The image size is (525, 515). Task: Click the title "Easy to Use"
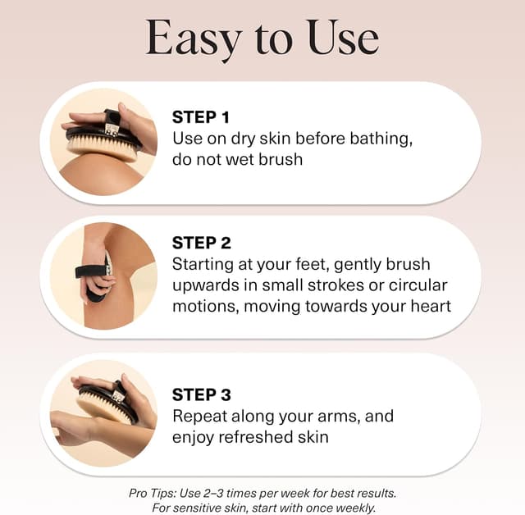[x=262, y=38]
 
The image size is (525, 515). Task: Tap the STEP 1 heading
[x=202, y=116]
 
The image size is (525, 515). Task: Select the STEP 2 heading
[x=202, y=243]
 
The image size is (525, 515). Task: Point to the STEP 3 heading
[x=202, y=394]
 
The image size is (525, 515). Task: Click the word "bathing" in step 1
[x=377, y=138]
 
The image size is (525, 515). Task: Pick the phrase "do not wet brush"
[x=237, y=159]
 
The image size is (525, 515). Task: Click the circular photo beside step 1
[x=103, y=142]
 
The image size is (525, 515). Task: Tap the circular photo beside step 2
[x=103, y=276]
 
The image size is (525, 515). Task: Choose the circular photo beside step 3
[x=103, y=413]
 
